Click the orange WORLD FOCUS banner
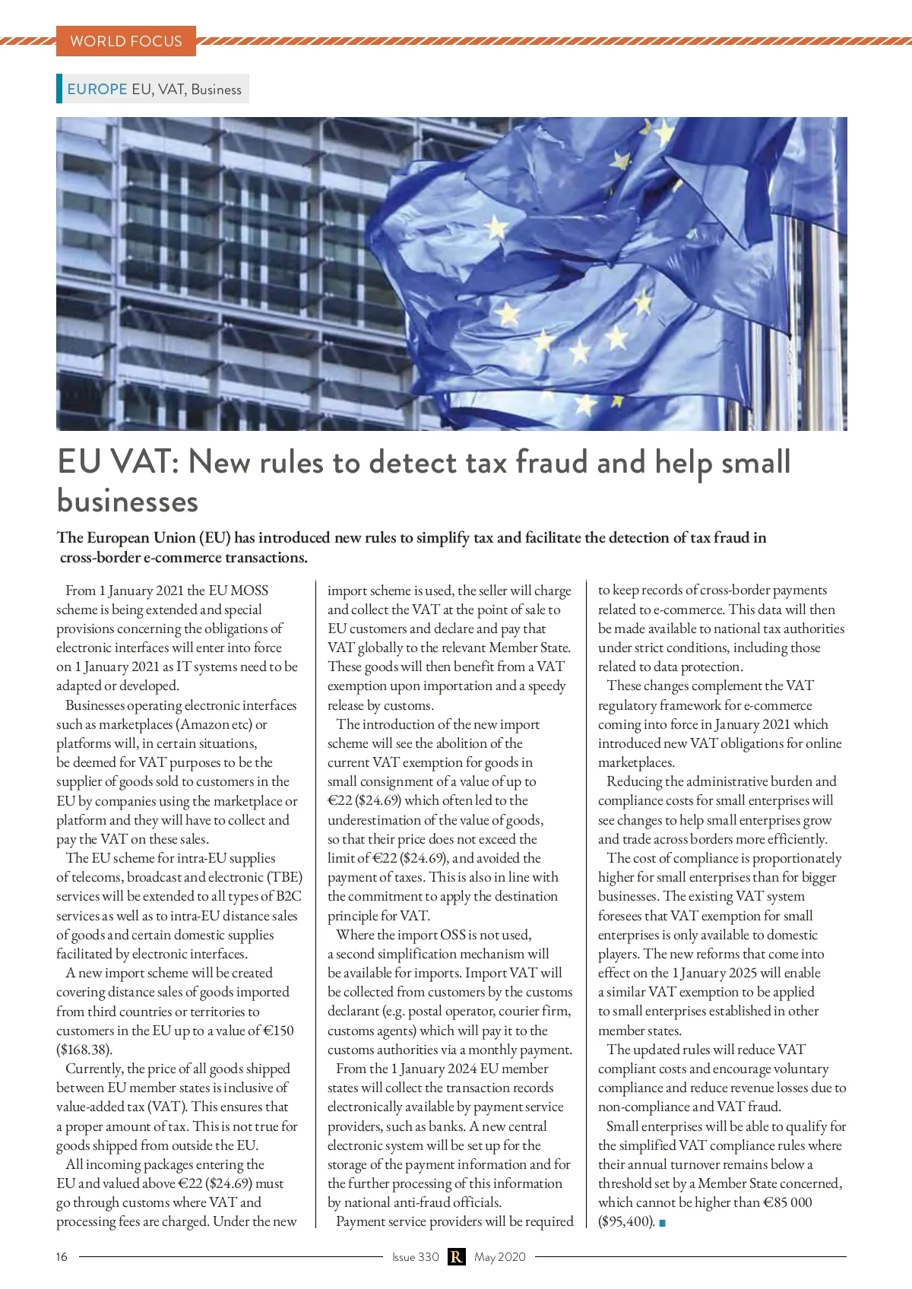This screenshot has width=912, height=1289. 126,41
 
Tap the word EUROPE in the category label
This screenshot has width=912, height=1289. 97,89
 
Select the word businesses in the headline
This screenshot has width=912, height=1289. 128,502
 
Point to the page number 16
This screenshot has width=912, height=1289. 62,1257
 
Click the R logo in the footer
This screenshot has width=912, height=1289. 456,1257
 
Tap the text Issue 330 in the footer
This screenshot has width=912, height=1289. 415,1257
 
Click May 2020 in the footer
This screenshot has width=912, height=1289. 500,1257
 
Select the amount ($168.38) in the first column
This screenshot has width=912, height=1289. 84,1050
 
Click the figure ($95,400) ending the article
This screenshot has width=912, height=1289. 626,1221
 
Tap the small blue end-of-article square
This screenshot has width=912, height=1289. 663,1222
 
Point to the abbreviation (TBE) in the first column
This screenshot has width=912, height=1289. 285,877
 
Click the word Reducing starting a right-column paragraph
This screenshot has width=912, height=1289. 634,781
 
